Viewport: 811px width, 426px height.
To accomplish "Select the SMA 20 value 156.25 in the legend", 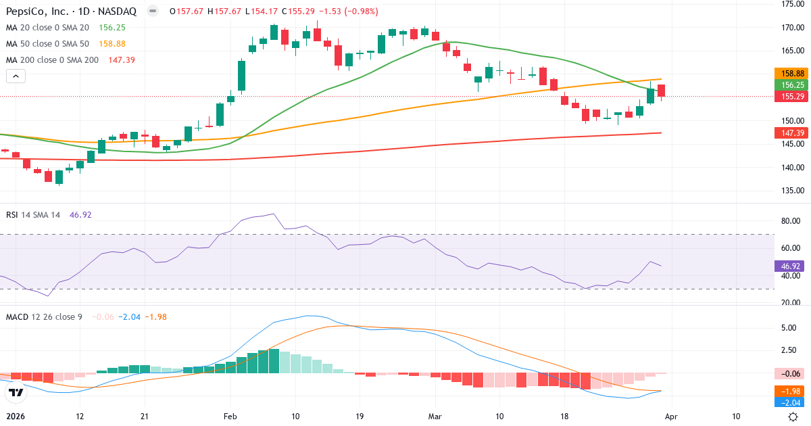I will [113, 28].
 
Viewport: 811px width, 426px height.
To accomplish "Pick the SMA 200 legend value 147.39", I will [122, 60].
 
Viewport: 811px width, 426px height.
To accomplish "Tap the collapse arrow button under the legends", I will [16, 76].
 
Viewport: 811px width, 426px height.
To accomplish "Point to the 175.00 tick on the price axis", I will [791, 4].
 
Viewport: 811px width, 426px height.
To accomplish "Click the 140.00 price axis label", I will [791, 167].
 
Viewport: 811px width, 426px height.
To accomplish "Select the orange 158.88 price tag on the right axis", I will [791, 74].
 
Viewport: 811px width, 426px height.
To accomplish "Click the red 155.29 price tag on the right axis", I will [791, 97].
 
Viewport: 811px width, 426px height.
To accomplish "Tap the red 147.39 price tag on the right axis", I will [791, 134].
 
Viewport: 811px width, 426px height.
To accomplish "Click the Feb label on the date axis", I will [231, 417].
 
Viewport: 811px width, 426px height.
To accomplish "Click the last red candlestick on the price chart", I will [661, 91].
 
